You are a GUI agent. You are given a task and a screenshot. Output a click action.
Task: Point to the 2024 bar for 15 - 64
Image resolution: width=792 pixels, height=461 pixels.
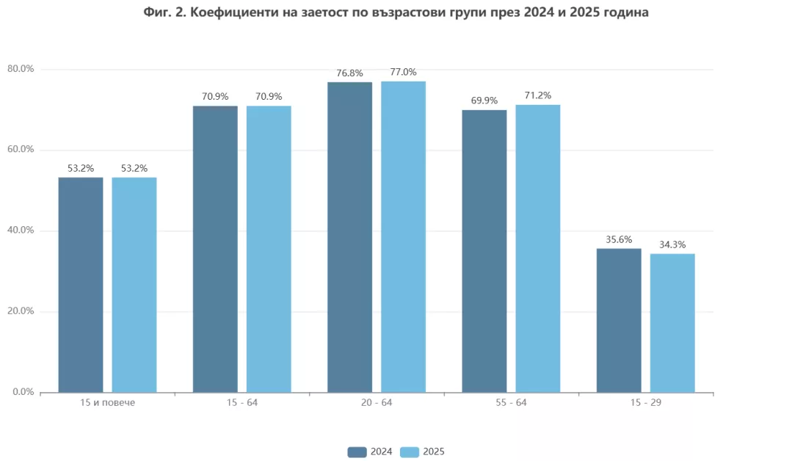tap(215, 249)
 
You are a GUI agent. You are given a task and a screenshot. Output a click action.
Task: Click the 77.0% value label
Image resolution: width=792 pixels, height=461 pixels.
tap(404, 72)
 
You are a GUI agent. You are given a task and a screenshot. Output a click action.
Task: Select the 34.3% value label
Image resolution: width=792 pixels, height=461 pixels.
tap(672, 244)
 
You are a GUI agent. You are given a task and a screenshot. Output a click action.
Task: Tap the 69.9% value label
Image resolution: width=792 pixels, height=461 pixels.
tap(484, 101)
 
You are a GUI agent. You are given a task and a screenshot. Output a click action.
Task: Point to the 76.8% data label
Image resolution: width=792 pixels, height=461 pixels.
tap(349, 73)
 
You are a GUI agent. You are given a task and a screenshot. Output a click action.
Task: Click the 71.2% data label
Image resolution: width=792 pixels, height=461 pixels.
tap(538, 95)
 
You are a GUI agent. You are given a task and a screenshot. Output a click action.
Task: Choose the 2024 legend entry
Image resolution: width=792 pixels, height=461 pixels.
tap(371, 451)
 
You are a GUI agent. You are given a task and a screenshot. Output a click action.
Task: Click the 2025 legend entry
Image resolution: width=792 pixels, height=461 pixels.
tap(424, 451)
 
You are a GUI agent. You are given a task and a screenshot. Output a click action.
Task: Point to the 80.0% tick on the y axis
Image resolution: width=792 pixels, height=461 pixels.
tap(21, 69)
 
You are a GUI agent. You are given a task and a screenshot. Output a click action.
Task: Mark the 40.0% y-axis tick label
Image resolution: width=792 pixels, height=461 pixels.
tap(21, 230)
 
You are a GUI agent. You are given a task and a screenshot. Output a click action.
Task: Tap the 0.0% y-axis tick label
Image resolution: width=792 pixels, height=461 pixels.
tap(23, 392)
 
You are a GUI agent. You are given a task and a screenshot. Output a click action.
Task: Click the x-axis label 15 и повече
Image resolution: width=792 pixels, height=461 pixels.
tap(107, 404)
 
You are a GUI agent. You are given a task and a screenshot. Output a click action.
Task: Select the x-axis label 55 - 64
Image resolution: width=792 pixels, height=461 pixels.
tap(511, 404)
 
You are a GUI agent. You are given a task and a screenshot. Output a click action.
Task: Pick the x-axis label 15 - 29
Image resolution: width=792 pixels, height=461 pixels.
tap(646, 404)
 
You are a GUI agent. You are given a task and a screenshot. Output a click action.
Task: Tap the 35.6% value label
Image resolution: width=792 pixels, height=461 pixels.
tap(619, 239)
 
